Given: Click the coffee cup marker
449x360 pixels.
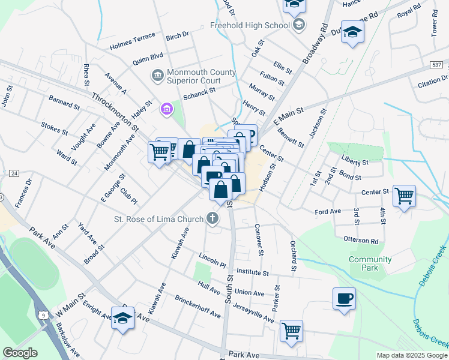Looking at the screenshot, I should [x=344, y=299].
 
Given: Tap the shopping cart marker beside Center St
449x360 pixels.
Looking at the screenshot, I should [x=404, y=195].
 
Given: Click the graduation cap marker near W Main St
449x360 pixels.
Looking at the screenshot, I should [x=123, y=318].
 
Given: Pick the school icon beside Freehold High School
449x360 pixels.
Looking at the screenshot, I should [x=299, y=25].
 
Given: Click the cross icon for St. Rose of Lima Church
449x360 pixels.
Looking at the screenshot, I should [x=212, y=219].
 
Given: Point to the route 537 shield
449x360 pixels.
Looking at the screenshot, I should [x=437, y=64].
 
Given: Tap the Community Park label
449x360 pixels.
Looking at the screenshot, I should [x=370, y=264].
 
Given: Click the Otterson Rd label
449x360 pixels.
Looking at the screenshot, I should [x=361, y=241].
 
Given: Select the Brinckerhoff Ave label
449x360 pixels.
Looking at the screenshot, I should [x=197, y=307].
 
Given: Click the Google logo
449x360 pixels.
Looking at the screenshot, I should [x=20, y=353].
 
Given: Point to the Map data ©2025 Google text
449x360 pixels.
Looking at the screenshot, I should [x=412, y=355].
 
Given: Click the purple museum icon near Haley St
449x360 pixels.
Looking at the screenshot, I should [x=166, y=109].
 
